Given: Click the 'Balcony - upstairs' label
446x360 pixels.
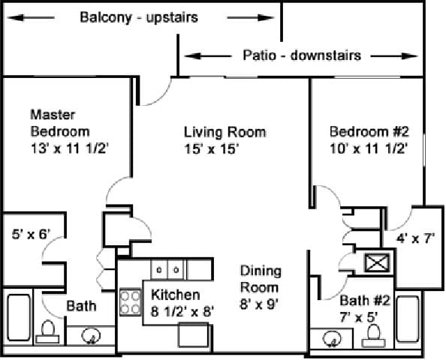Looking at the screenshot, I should tap(139, 17).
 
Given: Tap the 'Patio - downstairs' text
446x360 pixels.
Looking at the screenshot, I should tap(302, 55).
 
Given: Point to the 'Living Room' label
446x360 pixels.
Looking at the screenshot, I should tap(225, 132).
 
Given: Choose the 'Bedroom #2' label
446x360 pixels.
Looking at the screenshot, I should tap(369, 132).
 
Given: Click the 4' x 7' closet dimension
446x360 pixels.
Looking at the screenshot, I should tap(415, 240).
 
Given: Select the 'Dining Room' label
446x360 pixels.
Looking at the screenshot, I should tap(260, 278).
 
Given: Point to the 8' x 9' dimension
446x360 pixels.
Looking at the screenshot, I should tap(259, 305).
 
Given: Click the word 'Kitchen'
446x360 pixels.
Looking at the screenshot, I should tap(176, 294).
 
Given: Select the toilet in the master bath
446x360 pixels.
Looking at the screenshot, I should tap(49, 331).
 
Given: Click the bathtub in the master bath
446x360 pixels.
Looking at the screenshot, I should tap(18, 319).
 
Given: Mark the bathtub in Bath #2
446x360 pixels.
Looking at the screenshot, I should tap(408, 320).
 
